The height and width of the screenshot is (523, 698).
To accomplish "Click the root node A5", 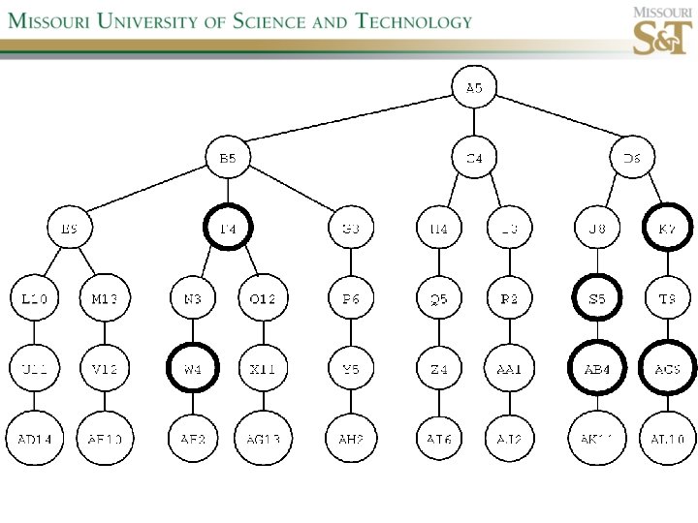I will click(x=474, y=88).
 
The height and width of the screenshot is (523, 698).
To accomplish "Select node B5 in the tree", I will click(x=228, y=158).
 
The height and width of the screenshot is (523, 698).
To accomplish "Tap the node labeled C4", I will click(x=474, y=158).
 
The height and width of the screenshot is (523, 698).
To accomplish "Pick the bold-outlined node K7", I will click(x=668, y=229).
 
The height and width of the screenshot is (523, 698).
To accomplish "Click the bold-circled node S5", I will click(x=598, y=299).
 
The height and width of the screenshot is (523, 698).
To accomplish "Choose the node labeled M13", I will click(x=105, y=299).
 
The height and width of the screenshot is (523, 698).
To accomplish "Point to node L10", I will click(x=35, y=299).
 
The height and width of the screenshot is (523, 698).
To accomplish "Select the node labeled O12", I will click(x=263, y=299).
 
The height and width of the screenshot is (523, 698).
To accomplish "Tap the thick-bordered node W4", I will click(x=193, y=369).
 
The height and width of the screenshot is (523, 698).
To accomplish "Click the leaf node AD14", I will click(x=35, y=439).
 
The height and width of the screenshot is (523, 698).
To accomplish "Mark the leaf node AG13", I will click(x=263, y=439).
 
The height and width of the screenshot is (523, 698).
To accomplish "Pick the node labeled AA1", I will click(x=510, y=369).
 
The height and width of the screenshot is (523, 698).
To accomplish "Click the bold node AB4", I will click(x=598, y=369).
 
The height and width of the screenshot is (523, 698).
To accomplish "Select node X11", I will click(x=263, y=369).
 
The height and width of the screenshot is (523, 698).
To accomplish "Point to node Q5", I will click(x=439, y=299).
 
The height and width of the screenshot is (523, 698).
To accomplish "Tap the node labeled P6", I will click(x=351, y=299).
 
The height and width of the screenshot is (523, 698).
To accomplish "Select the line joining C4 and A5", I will click(x=474, y=123).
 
